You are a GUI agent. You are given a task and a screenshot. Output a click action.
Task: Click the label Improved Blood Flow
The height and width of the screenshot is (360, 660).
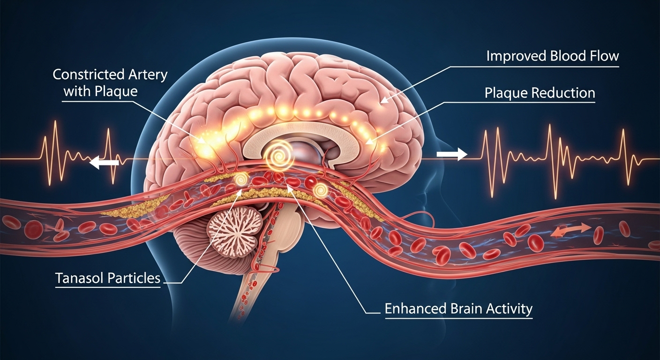[553, 56]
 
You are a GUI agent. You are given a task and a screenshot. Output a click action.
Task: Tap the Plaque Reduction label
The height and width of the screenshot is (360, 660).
[540, 93]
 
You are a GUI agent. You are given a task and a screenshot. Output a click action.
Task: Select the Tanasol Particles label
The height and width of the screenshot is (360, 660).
[108, 278]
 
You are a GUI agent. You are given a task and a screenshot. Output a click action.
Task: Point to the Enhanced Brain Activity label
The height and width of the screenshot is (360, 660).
[459, 309]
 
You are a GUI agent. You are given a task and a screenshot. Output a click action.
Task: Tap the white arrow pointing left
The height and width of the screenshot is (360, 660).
[104, 162]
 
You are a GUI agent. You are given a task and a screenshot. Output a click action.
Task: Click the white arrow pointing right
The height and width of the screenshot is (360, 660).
[452, 154]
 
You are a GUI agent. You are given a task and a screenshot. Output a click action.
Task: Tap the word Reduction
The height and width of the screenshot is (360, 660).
[563, 93]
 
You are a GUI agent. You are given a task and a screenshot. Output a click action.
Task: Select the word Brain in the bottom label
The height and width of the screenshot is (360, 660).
[466, 309]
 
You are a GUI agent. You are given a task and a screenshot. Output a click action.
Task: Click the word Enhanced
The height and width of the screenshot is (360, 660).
[416, 309]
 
